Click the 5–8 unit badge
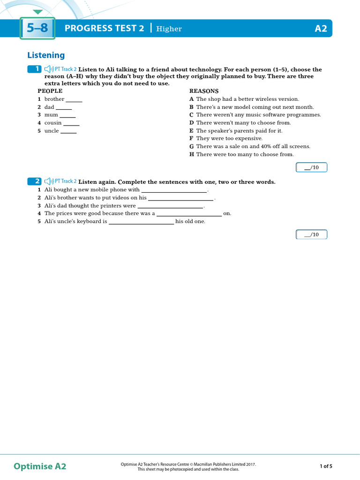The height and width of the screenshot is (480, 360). click(37, 29)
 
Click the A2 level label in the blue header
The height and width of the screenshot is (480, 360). click(321, 29)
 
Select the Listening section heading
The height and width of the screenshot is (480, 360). click(46, 55)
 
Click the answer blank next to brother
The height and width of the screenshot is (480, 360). click(74, 100)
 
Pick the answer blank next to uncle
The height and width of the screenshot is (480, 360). click(68, 131)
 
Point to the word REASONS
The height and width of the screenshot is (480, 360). click(204, 91)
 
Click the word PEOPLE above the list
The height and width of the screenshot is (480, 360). click(50, 91)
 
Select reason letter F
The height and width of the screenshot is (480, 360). click(191, 139)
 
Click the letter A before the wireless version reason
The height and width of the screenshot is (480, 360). click(191, 99)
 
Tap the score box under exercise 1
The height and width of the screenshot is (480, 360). click(312, 167)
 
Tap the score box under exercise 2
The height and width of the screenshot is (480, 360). click(312, 234)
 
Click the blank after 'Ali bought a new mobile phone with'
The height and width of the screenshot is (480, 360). click(174, 191)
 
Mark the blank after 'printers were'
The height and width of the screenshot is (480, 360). click(170, 206)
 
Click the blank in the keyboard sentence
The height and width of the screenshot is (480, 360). click(141, 222)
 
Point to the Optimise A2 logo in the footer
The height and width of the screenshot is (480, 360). click(40, 466)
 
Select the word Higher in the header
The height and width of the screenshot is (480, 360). click(169, 29)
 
